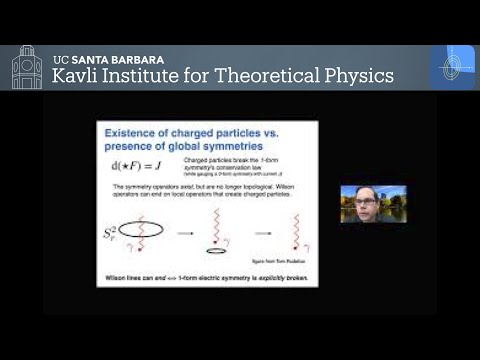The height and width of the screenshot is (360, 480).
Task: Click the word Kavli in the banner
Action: (77, 76)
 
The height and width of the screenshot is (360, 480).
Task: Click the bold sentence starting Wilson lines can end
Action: (206, 275)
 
